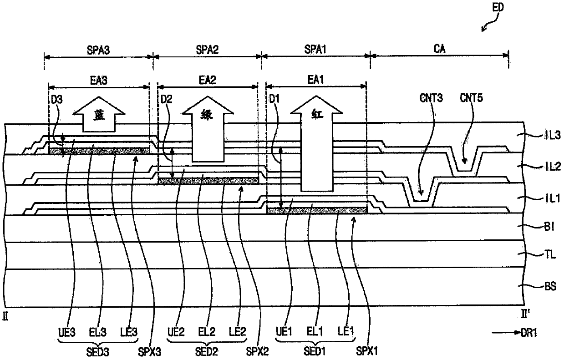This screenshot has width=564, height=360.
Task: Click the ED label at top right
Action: tap(498, 8)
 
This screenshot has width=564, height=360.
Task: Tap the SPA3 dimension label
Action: tap(98, 50)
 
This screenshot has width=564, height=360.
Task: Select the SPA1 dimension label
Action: tap(315, 49)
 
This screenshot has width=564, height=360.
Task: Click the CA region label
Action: tap(439, 49)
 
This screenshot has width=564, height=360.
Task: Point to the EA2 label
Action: tap(208, 80)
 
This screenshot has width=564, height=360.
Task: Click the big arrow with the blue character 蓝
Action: tap(99, 114)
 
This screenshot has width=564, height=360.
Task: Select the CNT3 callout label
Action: tap(431, 98)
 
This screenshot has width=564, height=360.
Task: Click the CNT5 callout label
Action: tap(471, 98)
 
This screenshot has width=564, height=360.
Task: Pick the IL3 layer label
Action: tap(552, 136)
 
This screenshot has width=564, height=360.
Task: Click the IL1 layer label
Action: tap(553, 198)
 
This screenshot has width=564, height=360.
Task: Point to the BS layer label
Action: tap(550, 286)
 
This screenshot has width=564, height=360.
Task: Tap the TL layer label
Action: tap(550, 255)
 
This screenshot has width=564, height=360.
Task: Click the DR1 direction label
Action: tap(529, 333)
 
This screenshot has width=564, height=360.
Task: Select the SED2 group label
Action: tap(206, 352)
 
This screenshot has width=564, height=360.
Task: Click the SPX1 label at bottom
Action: tap(367, 351)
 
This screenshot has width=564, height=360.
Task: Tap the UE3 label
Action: tap(67, 332)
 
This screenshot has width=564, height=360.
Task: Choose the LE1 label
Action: tap(346, 331)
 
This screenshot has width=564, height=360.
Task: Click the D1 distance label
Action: tap(274, 99)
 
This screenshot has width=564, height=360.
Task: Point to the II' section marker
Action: tap(525, 314)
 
